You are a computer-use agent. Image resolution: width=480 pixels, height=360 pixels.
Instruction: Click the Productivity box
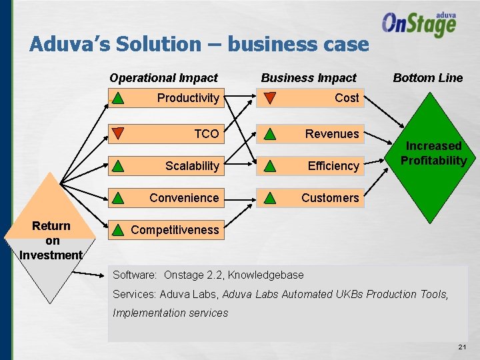(x=165, y=98)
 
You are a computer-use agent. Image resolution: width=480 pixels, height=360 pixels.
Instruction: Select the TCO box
(x=165, y=134)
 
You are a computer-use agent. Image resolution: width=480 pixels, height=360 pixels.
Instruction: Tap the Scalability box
(x=165, y=166)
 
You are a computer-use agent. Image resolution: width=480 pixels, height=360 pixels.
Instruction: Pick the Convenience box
(x=165, y=198)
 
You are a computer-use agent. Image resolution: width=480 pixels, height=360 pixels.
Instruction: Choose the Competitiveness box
(x=165, y=230)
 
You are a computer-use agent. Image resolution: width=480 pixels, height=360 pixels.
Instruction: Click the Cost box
(x=311, y=98)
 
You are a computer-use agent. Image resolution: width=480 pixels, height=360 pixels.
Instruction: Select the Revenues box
(x=311, y=134)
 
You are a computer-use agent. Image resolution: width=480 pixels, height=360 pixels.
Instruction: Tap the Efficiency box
(x=311, y=166)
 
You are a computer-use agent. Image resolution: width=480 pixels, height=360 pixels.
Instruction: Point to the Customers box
(x=311, y=198)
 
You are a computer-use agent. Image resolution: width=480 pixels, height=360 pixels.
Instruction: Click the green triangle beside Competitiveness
(x=117, y=230)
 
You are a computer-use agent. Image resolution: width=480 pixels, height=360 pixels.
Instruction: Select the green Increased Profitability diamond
(x=433, y=157)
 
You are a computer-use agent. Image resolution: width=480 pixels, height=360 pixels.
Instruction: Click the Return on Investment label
(x=51, y=240)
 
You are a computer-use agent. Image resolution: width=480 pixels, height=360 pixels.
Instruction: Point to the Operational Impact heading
(x=163, y=78)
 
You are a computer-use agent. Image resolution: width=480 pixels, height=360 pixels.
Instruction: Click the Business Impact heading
(x=309, y=78)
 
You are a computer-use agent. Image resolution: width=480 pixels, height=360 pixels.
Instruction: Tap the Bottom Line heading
(x=427, y=78)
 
